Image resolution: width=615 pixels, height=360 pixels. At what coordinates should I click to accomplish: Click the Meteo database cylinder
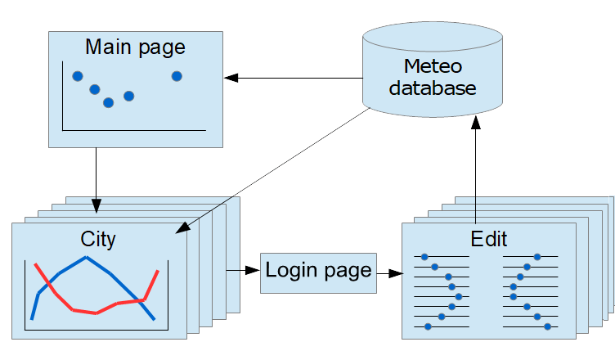[x=432, y=70]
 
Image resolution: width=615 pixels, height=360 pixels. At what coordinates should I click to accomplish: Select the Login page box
[x=319, y=272]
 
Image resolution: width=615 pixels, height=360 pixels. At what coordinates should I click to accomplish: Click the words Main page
[x=135, y=47]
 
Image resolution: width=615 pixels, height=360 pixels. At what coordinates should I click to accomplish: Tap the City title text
[x=98, y=239]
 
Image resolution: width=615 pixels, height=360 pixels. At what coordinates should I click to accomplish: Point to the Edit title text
[x=489, y=239]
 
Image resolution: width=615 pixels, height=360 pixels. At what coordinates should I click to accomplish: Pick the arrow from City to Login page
[x=243, y=270]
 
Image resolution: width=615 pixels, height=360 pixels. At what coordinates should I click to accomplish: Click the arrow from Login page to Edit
[x=389, y=272]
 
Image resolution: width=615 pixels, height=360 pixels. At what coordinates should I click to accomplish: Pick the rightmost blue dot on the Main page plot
[x=177, y=76]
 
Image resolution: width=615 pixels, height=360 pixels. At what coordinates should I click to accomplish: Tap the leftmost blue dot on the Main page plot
[x=78, y=76]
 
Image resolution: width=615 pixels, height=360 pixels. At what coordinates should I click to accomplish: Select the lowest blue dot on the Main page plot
[x=108, y=102]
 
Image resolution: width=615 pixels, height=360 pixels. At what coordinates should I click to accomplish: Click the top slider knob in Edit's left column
[x=424, y=257]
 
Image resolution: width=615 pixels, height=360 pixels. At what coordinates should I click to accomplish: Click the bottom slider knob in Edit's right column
[x=547, y=326]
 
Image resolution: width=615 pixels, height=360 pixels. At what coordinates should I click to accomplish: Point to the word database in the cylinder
[x=432, y=88]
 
